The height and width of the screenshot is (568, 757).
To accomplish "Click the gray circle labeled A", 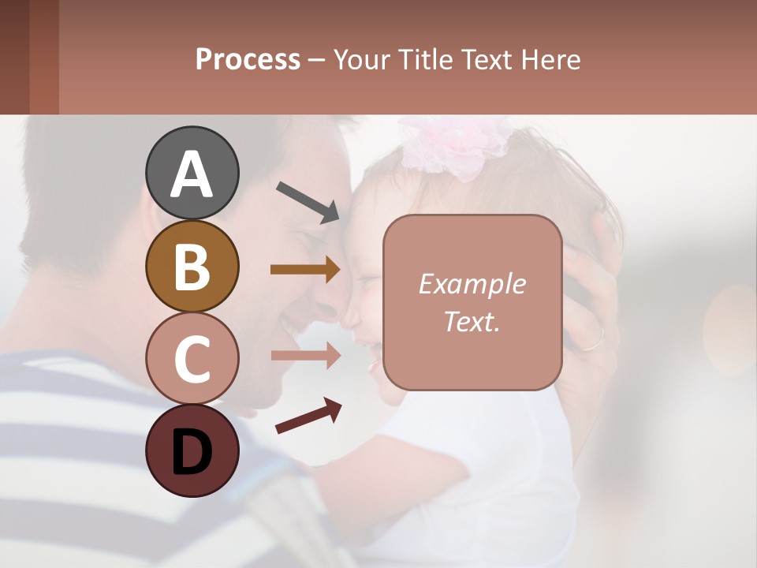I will pos(192,173).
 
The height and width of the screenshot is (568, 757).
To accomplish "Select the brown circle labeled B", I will pos(192,266).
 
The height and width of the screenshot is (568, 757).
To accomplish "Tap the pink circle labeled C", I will pos(192,358).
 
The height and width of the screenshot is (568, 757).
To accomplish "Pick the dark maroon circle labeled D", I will pos(192,450).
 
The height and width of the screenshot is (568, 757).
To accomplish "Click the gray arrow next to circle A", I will pos(308,201).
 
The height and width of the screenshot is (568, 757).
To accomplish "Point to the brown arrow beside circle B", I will pos(305,270).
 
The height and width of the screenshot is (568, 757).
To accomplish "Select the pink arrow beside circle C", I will pos(305,355).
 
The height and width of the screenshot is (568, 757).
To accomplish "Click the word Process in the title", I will pos(248,60).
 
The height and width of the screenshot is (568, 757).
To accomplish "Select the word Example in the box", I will pos(472,284).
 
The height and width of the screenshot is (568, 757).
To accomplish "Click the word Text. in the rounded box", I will pos(472,321).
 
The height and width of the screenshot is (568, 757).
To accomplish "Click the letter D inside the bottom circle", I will pos(192,452).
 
